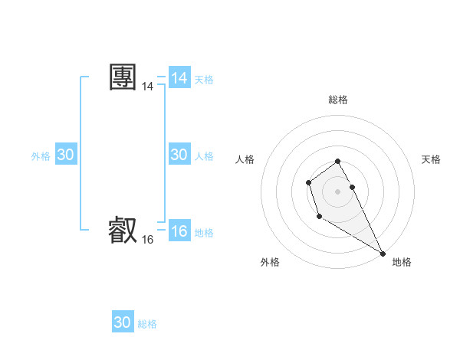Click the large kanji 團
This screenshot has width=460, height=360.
point(123,78)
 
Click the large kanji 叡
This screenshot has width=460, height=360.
point(123,230)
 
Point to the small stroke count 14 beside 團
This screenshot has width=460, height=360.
point(147,88)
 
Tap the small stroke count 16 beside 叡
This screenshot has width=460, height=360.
point(147,240)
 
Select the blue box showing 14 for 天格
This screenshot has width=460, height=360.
point(179,79)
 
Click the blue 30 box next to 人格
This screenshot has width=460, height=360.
point(179,155)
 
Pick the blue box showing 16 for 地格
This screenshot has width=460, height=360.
point(179,232)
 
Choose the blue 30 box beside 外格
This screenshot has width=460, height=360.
point(66,155)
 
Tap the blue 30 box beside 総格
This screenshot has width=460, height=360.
point(123,322)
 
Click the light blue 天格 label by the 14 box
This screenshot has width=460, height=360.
point(204,80)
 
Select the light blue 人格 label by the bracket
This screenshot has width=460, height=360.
point(204,156)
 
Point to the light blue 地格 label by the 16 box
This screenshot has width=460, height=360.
point(204,233)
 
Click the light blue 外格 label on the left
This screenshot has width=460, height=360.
point(41,156)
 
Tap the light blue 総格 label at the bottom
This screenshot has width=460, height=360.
point(147,324)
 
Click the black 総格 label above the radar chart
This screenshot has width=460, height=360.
point(338,100)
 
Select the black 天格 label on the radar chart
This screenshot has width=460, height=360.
point(431,159)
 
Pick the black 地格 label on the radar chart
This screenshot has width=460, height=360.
point(402,262)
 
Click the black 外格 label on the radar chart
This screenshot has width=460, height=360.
point(270,262)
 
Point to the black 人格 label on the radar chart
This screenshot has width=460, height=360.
point(245,159)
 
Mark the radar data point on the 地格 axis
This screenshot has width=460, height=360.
point(383,253)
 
